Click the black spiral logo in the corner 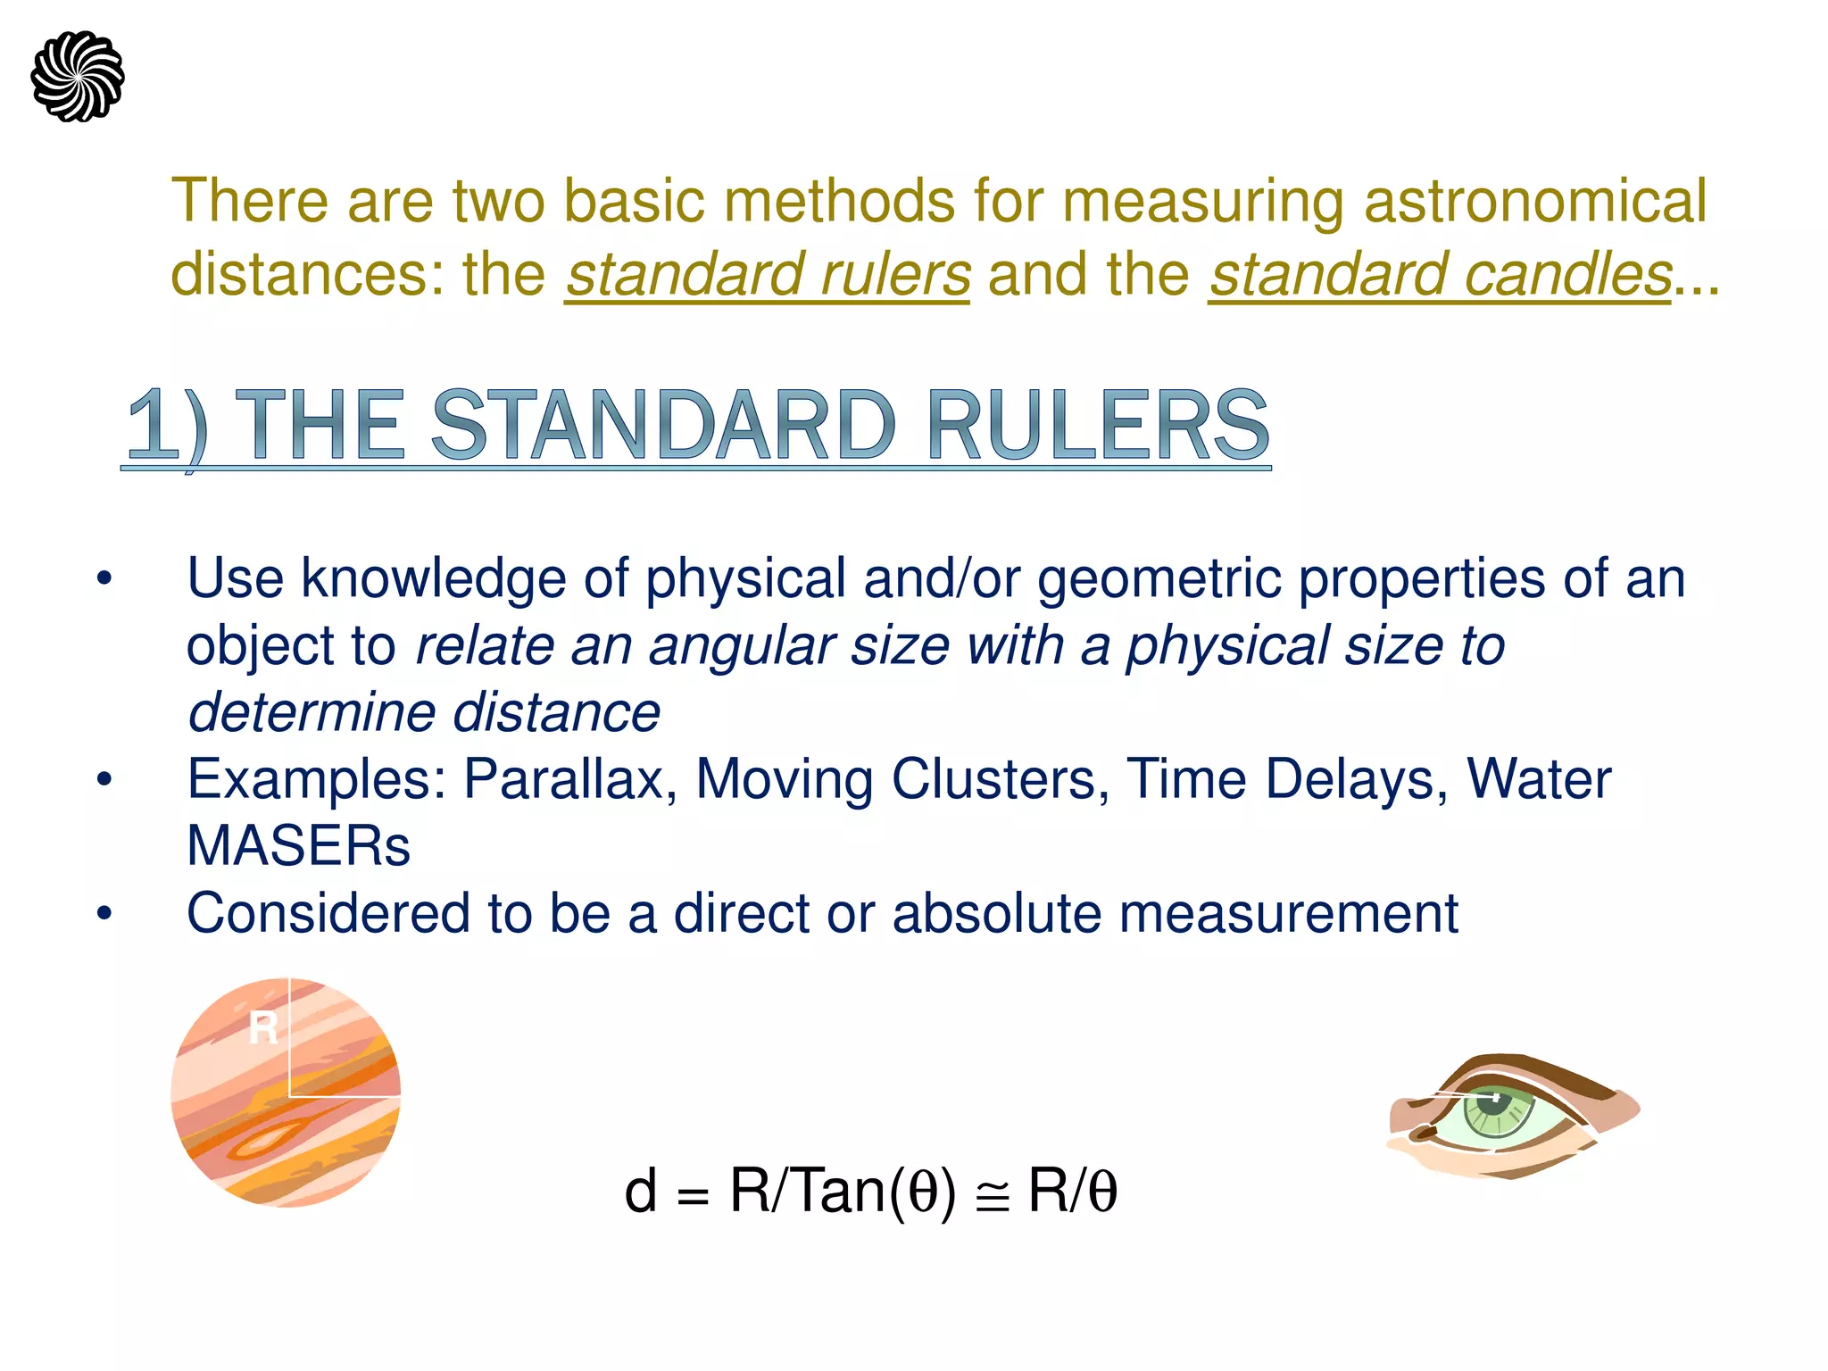pos(78,77)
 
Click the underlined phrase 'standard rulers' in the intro pos(768,275)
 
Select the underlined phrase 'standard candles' pos(1440,275)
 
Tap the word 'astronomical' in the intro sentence pos(1535,201)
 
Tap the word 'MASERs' pos(298,846)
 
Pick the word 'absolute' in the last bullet pos(996,913)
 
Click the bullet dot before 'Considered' pos(105,915)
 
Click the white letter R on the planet pos(262,1028)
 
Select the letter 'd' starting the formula pos(640,1192)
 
